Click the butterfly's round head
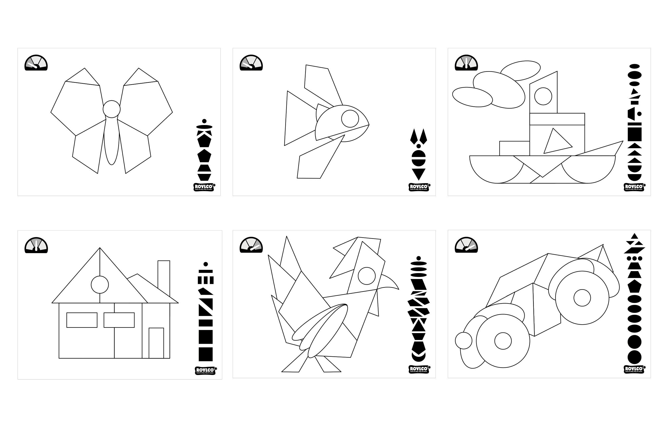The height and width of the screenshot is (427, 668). pyautogui.click(x=112, y=109)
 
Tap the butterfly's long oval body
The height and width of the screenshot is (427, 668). pyautogui.click(x=112, y=141)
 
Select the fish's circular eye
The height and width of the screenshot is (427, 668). pyautogui.click(x=350, y=119)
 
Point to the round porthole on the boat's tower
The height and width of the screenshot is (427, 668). pyautogui.click(x=543, y=96)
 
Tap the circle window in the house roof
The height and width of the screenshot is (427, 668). pyautogui.click(x=100, y=285)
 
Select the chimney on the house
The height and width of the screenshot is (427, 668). pyautogui.click(x=164, y=274)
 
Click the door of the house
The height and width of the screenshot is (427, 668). pyautogui.click(x=156, y=343)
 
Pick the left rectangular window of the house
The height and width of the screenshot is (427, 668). pyautogui.click(x=82, y=320)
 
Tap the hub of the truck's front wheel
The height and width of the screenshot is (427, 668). pyautogui.click(x=503, y=341)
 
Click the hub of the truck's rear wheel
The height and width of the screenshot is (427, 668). pyautogui.click(x=582, y=298)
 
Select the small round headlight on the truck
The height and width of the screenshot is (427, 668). pyautogui.click(x=464, y=340)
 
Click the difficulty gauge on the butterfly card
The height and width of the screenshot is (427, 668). pyautogui.click(x=36, y=63)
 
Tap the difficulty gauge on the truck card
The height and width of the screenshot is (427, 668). pyautogui.click(x=466, y=245)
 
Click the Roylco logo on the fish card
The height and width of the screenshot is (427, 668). pyautogui.click(x=419, y=187)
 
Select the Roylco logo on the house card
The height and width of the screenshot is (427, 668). pyautogui.click(x=206, y=371)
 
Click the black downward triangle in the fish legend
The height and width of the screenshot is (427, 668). pyautogui.click(x=418, y=174)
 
